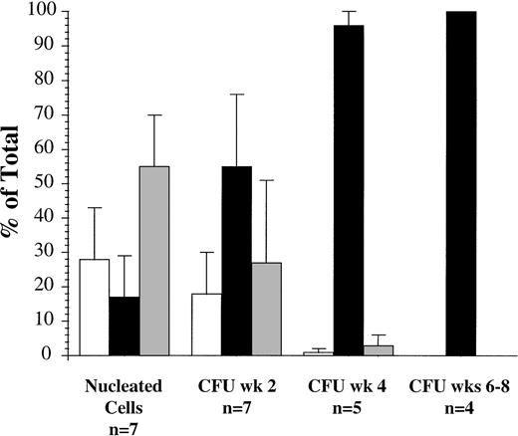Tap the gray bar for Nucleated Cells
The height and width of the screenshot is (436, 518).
(154, 260)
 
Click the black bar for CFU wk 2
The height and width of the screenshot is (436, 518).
(235, 260)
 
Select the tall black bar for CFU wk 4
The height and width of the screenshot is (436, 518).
(349, 189)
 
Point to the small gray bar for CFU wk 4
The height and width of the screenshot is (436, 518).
(379, 349)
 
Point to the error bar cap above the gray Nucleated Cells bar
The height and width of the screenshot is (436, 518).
(154, 115)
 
